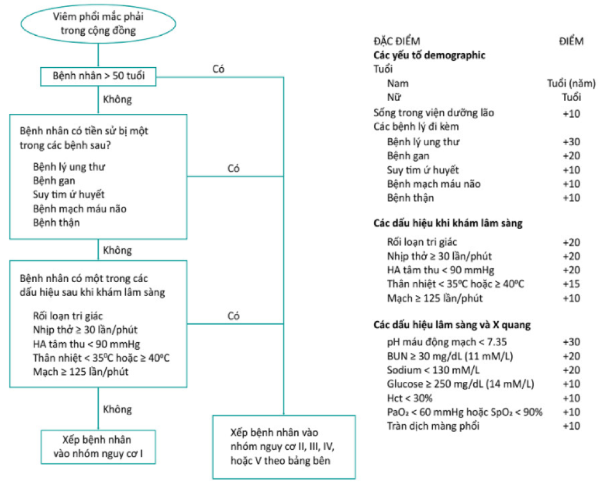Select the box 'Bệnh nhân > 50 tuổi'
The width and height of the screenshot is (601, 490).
coord(98,77)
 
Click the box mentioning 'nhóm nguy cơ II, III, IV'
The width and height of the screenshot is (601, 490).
coord(283,447)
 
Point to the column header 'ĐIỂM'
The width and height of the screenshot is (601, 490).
coord(571,42)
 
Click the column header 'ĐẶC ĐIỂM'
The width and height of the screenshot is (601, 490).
coord(396,42)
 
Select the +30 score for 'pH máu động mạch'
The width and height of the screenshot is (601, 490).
coord(571,342)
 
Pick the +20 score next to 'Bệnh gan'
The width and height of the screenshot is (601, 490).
coord(571,155)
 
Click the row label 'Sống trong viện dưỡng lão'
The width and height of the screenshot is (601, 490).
coord(433,113)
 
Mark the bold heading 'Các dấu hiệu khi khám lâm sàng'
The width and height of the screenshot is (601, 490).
coord(448,223)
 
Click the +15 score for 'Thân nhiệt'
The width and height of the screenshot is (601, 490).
coord(571,284)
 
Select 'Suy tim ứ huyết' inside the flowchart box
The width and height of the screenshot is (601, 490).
coord(69,194)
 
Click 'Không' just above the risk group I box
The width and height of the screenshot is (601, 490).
coord(117,409)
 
